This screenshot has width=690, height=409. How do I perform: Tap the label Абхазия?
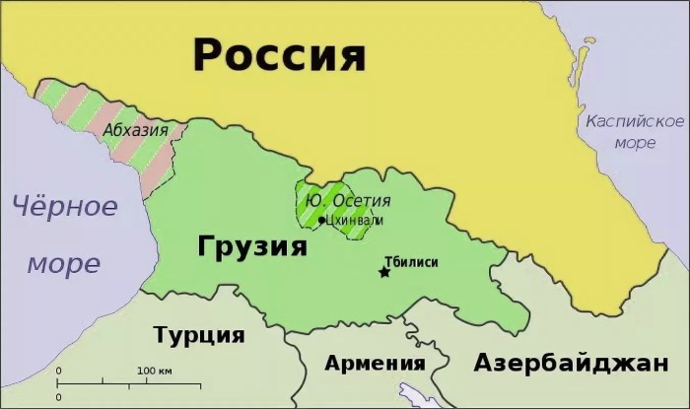click(135, 130)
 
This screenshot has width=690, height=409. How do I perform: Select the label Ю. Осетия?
click(341, 200)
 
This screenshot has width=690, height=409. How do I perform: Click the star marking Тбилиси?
click(383, 272)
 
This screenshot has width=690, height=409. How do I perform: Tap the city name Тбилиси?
click(412, 261)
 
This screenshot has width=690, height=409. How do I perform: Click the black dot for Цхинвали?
click(321, 220)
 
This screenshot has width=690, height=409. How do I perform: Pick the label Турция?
click(199, 334)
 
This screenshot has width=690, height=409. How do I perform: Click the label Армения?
click(376, 363)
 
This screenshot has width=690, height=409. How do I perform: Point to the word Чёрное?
click(64, 208)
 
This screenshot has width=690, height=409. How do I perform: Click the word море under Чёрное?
click(63, 263)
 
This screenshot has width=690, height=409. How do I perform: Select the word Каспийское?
click(621, 121)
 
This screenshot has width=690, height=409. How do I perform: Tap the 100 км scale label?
click(155, 371)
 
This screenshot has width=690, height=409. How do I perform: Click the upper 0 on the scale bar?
click(58, 371)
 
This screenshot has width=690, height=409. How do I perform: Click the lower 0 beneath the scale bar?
click(58, 395)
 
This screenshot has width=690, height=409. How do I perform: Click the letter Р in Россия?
click(209, 54)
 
